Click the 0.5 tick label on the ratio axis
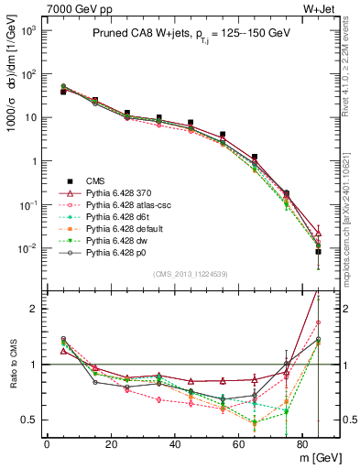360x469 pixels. pos(29,420)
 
